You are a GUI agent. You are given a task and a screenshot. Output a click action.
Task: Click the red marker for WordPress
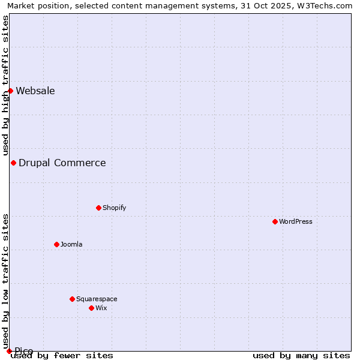tap(275, 221)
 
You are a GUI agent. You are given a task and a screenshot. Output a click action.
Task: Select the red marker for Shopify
tap(98, 208)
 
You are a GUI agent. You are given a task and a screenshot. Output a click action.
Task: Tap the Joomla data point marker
tap(56, 244)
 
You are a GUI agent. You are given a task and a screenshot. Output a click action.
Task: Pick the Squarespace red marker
tap(72, 299)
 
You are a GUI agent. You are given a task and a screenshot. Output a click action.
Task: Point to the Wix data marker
tap(91, 308)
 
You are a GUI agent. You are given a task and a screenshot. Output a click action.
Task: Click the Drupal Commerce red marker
tap(13, 163)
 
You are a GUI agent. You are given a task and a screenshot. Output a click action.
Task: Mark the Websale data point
tap(10, 91)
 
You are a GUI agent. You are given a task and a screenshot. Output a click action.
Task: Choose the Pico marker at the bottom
tap(9, 351)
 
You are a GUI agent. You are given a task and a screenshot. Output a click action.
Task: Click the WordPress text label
tap(296, 221)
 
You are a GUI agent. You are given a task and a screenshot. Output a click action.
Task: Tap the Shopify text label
tap(114, 208)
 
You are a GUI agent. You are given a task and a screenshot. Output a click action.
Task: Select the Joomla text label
tap(71, 244)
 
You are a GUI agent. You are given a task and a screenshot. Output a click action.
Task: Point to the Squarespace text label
tap(97, 299)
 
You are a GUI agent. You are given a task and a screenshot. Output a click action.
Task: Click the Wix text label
tap(101, 308)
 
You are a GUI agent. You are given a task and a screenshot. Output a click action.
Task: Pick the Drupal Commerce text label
tap(62, 163)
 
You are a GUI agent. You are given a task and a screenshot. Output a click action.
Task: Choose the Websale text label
tap(35, 91)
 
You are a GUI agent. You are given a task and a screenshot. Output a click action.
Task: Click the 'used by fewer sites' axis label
tap(62, 355)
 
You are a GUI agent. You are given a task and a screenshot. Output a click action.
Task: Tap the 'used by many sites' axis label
tap(301, 355)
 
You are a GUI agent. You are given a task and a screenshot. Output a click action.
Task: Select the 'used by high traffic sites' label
tap(5, 85)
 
